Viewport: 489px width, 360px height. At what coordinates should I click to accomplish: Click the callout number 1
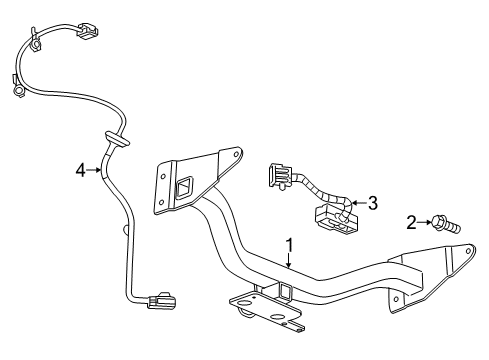(x=288, y=243)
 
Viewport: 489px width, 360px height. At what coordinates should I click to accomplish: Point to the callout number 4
(x=81, y=171)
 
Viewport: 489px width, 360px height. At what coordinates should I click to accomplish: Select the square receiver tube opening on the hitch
(x=285, y=293)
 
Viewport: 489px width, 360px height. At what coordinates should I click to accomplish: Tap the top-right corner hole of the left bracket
(x=232, y=154)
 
